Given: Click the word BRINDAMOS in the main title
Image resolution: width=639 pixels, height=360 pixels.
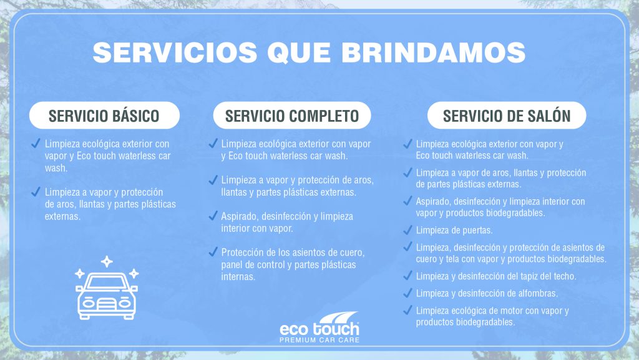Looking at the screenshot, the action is (434, 52).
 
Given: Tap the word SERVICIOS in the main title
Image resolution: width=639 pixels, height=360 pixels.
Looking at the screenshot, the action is (175, 52).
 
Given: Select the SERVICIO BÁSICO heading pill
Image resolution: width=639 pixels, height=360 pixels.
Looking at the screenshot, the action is (104, 116).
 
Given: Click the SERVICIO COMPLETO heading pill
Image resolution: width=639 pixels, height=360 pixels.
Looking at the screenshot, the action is (292, 116).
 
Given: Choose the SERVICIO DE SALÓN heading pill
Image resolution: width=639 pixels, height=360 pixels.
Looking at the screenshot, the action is (507, 116).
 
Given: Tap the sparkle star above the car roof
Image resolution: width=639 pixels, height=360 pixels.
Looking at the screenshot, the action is (107, 261).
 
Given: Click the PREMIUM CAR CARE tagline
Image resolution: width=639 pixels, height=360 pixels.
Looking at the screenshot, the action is (319, 340).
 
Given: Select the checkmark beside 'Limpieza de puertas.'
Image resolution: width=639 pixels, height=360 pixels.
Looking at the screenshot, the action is (407, 230).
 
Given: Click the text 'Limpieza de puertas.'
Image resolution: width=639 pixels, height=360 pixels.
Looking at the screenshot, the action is (454, 230).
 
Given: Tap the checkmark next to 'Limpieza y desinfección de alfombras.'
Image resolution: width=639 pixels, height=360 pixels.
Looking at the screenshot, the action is (407, 292).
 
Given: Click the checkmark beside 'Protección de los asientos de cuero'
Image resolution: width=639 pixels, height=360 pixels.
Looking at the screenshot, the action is (213, 252).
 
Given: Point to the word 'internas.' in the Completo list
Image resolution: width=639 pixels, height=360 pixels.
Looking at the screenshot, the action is (238, 277).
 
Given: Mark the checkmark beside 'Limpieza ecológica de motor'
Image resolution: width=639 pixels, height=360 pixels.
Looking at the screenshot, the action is (407, 310).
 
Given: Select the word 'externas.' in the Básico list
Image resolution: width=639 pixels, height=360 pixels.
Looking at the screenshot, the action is (63, 216).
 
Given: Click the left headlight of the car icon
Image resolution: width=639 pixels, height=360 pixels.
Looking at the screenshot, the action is (89, 304).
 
